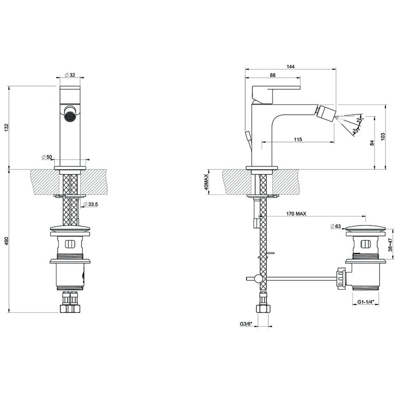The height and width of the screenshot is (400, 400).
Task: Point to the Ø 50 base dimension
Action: click(46, 156)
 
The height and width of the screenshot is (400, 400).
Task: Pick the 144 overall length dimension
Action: click(290, 67)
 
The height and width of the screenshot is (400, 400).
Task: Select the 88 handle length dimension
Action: click(272, 75)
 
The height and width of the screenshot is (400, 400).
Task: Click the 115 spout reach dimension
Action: click(297, 139)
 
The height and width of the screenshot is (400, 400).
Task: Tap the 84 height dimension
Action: click(372, 143)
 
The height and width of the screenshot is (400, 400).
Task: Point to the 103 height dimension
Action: click(383, 136)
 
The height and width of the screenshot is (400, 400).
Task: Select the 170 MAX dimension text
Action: click(296, 214)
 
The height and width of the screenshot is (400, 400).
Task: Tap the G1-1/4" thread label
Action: click(365, 302)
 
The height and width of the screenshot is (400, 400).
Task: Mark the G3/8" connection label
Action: click(246, 324)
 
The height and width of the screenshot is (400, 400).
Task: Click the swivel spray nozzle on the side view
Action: click(328, 112)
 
